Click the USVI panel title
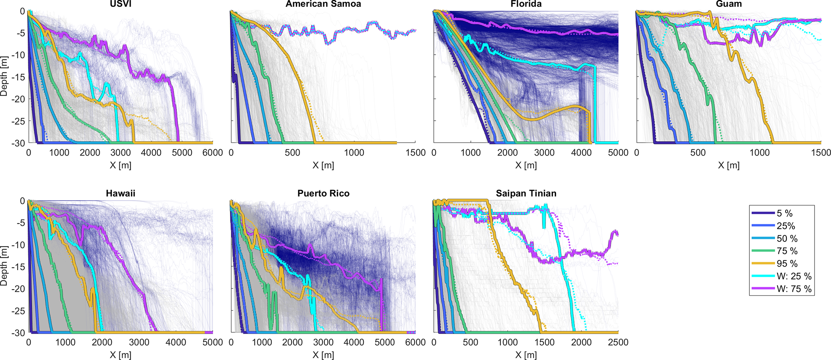[121, 4]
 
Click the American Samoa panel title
[323, 4]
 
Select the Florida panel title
[526, 4]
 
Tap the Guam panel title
[728, 4]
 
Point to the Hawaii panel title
[121, 193]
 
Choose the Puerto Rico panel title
[323, 193]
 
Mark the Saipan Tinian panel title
[526, 193]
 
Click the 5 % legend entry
[784, 214]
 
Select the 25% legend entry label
[786, 226]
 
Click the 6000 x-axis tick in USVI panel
[213, 153]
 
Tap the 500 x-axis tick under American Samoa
[292, 153]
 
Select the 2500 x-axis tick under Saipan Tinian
[618, 343]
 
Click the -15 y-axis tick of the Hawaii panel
[19, 267]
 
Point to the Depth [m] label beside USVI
[4, 76]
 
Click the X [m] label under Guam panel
[728, 165]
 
